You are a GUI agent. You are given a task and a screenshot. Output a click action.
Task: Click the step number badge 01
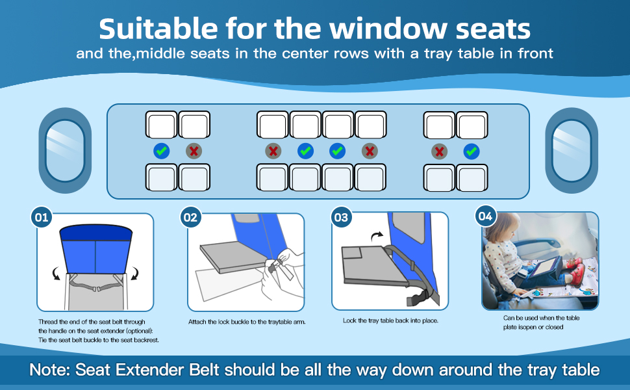(42, 218)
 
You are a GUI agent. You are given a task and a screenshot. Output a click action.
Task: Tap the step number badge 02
(190, 218)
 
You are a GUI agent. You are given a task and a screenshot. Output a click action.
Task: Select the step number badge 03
(341, 218)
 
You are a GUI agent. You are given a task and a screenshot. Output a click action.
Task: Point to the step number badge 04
(485, 216)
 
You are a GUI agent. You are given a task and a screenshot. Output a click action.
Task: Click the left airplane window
(65, 150)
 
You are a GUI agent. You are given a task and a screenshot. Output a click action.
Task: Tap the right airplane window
(572, 150)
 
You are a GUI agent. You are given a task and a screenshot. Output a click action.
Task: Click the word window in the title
(388, 29)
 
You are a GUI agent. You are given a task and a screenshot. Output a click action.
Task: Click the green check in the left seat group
(162, 151)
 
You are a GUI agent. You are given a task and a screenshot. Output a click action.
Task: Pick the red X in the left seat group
(194, 151)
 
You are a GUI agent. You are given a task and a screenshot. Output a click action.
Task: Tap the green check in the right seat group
(472, 151)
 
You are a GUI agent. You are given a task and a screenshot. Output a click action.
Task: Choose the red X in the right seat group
(439, 151)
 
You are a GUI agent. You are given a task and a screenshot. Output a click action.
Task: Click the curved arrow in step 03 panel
(377, 236)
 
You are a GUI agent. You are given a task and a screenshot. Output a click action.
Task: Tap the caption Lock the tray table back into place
(390, 320)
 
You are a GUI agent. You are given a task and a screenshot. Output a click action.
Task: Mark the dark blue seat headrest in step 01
(95, 233)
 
